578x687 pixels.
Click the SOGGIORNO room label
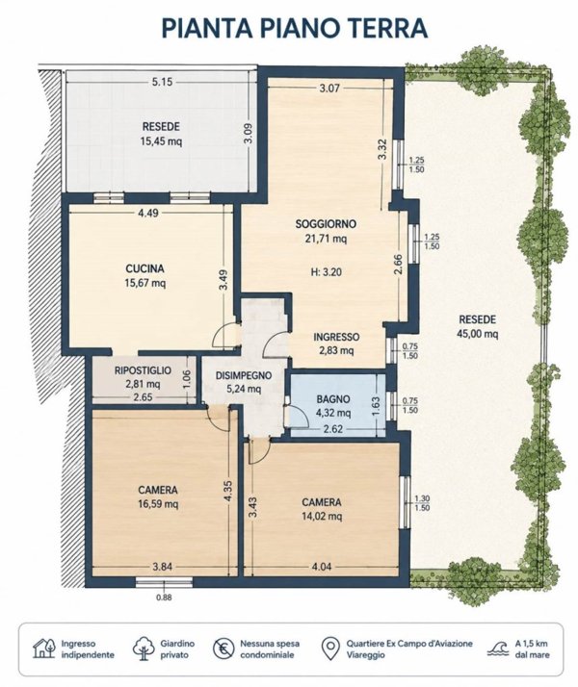click(x=326, y=224)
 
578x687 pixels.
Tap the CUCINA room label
click(x=144, y=268)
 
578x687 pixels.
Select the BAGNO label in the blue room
click(x=333, y=399)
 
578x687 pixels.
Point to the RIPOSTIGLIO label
click(x=143, y=370)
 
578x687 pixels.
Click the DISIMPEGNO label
click(x=244, y=375)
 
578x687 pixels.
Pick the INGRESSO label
click(x=336, y=337)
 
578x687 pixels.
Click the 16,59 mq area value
click(x=158, y=504)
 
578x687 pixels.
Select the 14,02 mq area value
click(x=322, y=516)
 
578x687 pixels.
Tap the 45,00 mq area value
click(x=478, y=334)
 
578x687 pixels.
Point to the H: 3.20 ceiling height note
click(x=326, y=272)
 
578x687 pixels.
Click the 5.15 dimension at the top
click(x=162, y=82)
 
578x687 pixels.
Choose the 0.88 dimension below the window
click(x=164, y=598)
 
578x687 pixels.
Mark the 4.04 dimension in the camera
click(x=322, y=567)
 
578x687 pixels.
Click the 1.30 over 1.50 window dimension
click(x=421, y=503)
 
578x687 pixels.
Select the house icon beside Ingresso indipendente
click(x=44, y=649)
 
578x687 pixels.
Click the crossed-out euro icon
click(x=223, y=649)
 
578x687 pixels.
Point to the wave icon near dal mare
click(x=498, y=649)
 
